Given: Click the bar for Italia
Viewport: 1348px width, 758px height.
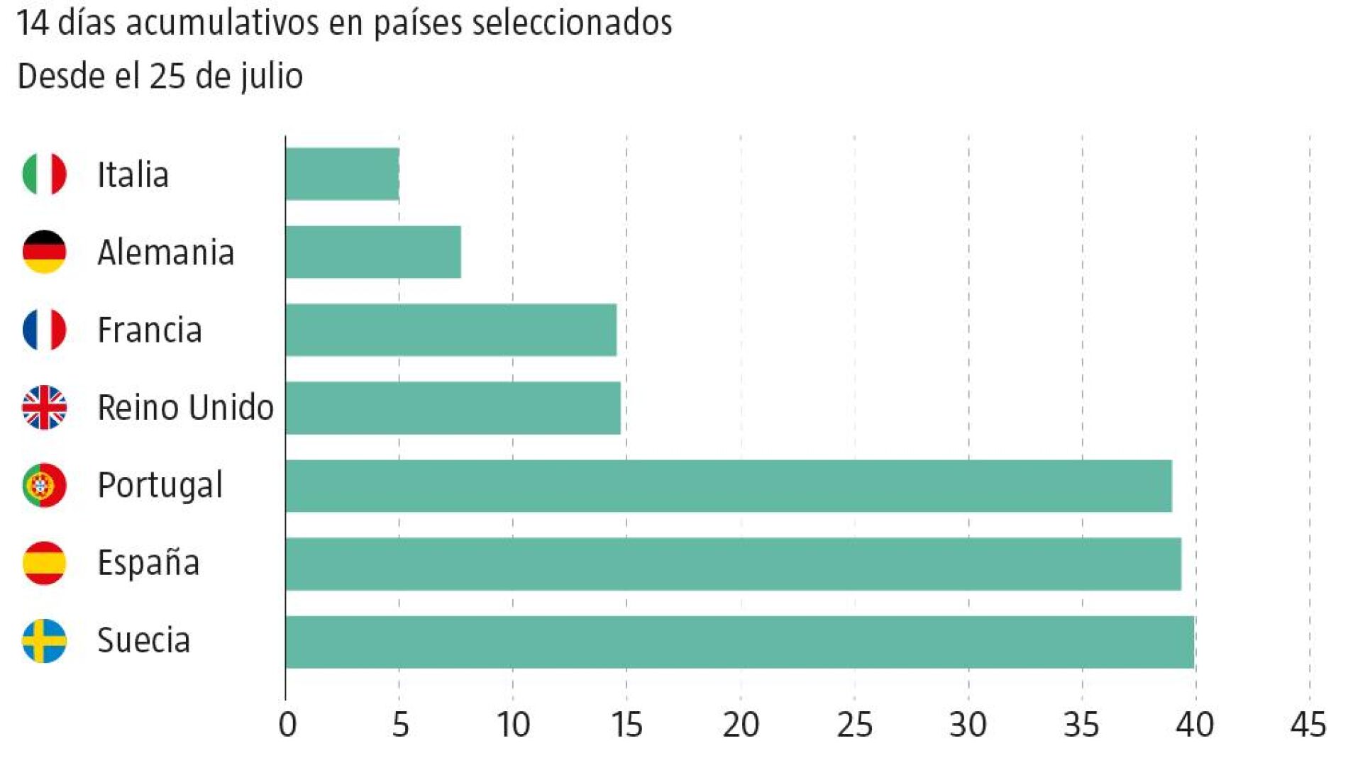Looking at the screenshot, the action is click(x=343, y=174).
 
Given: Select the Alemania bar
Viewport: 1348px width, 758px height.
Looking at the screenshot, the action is click(x=373, y=252).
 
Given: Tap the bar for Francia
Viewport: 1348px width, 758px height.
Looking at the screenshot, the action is click(x=451, y=330).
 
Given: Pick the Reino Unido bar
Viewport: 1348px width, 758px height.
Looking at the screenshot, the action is click(x=453, y=408).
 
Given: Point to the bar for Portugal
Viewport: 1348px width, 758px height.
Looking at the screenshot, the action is click(x=729, y=486).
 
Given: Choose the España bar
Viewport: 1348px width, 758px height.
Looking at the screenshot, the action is click(x=734, y=564).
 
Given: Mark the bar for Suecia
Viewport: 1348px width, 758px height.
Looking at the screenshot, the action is click(x=740, y=642).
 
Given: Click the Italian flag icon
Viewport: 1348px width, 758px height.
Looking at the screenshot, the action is click(x=45, y=174).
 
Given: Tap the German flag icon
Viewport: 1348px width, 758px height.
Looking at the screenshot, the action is click(x=45, y=252).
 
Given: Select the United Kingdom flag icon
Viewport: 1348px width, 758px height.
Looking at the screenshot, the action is click(x=45, y=408).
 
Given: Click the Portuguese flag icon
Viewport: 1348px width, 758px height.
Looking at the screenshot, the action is click(x=45, y=486).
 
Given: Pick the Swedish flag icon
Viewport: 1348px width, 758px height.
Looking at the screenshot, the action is click(x=45, y=641).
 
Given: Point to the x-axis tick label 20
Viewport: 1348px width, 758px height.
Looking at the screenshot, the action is click(x=741, y=725).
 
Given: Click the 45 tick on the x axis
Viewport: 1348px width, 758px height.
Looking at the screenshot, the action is click(x=1309, y=725).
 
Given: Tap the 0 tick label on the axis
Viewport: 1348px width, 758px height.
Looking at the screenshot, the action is click(x=287, y=725).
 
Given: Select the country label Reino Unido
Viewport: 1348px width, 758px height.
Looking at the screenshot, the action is click(x=185, y=408).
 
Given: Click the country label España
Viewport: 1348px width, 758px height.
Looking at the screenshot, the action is click(x=148, y=562).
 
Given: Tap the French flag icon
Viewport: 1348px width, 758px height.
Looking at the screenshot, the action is click(x=45, y=330).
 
